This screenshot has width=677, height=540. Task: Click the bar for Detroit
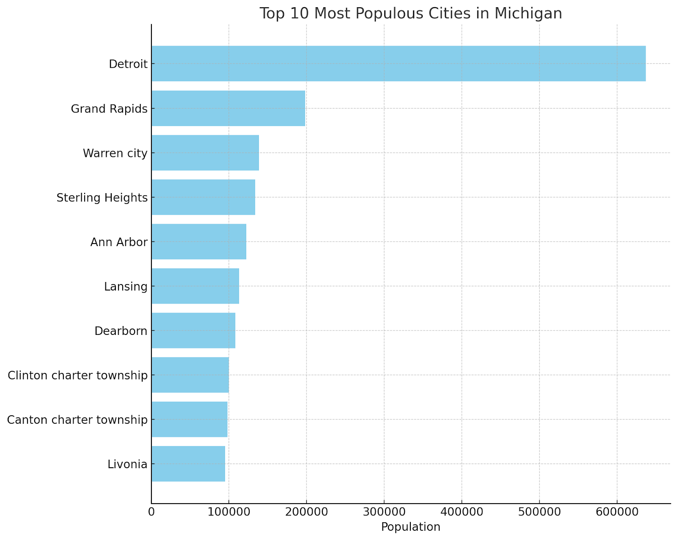point(398,63)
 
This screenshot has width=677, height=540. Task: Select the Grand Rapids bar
point(228,108)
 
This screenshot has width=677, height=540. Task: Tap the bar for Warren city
point(205,153)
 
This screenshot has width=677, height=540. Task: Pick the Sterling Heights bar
point(203,197)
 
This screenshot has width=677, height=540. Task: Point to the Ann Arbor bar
point(199,241)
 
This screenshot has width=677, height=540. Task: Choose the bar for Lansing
point(195,286)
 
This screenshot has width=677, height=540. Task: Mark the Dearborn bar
point(193,330)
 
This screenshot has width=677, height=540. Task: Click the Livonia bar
point(188,463)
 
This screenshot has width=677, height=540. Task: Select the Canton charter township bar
point(190,419)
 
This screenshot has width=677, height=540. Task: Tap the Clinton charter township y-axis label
point(78,375)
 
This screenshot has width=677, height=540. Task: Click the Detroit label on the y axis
point(128,64)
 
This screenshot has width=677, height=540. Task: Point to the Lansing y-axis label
point(126,287)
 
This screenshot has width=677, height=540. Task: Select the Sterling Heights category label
point(102,197)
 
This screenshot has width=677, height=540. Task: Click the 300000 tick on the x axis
point(384,512)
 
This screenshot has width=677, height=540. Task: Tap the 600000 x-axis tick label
point(617,512)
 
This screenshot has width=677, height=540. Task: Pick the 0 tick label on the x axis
point(151,512)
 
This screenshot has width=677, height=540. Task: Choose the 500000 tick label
point(539,512)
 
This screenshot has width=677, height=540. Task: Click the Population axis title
point(410,527)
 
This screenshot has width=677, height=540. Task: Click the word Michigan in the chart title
point(528,14)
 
